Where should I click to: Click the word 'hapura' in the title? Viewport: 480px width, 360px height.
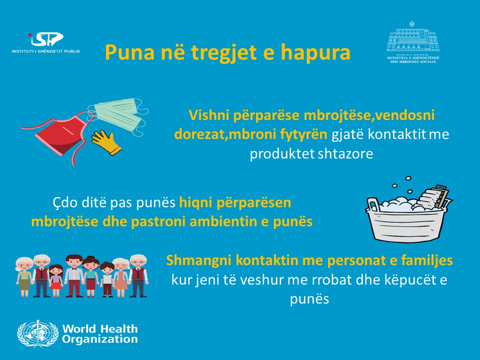point(315,52)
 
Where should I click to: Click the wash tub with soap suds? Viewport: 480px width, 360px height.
point(409,214)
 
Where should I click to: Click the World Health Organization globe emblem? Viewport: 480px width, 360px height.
point(37,333)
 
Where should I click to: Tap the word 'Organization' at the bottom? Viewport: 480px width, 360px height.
point(100,339)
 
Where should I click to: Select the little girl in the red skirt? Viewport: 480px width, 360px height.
point(55,280)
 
